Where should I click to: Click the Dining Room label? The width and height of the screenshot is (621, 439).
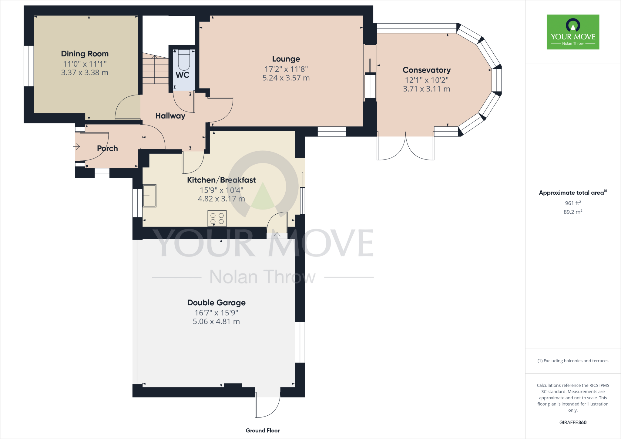pos(85,54)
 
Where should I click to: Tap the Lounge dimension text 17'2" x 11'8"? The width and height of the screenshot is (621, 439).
pos(286,69)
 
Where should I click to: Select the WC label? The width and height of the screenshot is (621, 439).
pos(182,75)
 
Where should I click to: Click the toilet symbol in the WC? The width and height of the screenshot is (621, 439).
pos(184,60)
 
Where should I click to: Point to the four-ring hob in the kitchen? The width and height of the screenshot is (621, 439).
pos(217,218)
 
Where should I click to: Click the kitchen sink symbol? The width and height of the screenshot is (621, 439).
pos(149,196)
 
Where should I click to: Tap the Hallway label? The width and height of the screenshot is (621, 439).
pos(170,116)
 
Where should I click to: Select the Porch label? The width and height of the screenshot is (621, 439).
pos(107,148)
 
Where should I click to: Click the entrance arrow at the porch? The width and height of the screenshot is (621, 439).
pos(76,147)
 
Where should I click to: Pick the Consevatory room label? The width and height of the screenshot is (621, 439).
pos(426,70)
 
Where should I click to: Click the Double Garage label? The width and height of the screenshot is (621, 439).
pos(216,303)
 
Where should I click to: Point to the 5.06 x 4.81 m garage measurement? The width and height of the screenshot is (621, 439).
pos(216,321)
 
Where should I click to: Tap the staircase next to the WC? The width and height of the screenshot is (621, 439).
pos(155,70)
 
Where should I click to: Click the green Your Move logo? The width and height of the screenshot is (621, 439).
pos(573,32)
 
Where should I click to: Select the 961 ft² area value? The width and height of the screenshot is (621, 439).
pos(572,203)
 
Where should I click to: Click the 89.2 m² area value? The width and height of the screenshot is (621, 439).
pos(572,212)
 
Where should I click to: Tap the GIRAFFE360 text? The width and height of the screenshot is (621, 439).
pos(572,422)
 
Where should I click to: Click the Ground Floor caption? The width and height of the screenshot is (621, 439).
pos(263,431)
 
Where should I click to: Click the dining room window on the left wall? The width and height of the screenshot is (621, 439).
pos(29,66)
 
